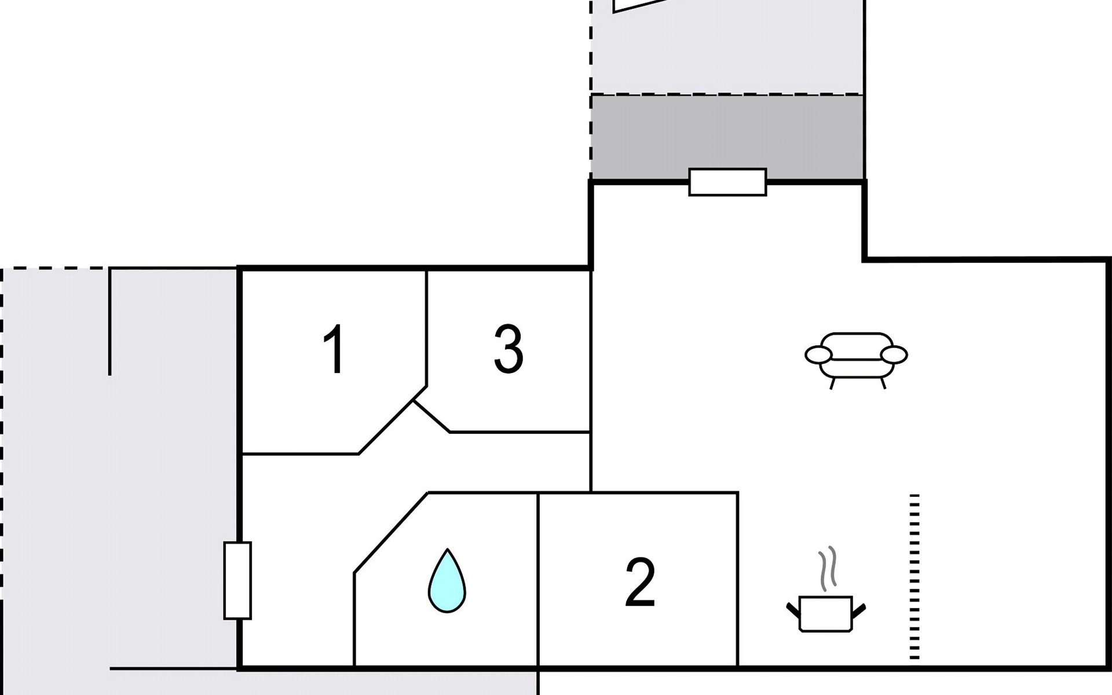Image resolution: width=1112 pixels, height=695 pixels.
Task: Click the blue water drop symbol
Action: pyautogui.click(x=447, y=582)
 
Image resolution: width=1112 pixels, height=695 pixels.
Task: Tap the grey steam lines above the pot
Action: pyautogui.click(x=828, y=568)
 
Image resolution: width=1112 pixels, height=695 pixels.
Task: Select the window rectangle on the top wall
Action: pyautogui.click(x=727, y=182)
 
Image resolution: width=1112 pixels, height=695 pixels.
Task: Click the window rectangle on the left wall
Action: pyautogui.click(x=237, y=580)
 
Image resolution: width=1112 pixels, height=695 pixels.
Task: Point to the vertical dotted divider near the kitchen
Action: pyautogui.click(x=915, y=576)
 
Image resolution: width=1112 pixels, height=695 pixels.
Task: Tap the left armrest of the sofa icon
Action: pyautogui.click(x=818, y=354)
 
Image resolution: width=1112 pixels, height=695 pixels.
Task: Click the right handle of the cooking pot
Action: pyautogui.click(x=859, y=609)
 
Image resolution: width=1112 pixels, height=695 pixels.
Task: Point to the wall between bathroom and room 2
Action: pyautogui.click(x=539, y=579)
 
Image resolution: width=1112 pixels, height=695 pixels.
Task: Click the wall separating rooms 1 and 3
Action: pyautogui.click(x=427, y=327)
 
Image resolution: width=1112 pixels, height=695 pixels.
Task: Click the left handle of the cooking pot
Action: pyautogui.click(x=792, y=609)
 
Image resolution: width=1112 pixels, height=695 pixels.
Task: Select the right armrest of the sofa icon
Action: pyautogui.click(x=894, y=354)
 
